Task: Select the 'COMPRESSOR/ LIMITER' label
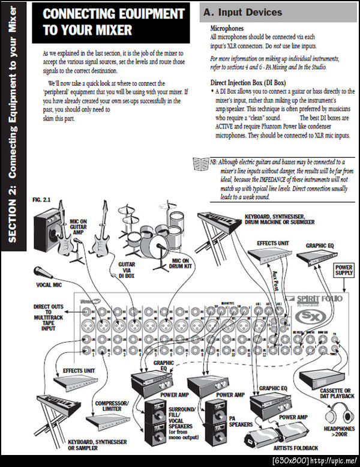point(108,406)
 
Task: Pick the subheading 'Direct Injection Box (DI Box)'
point(249,82)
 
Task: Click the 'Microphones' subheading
point(227,28)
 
